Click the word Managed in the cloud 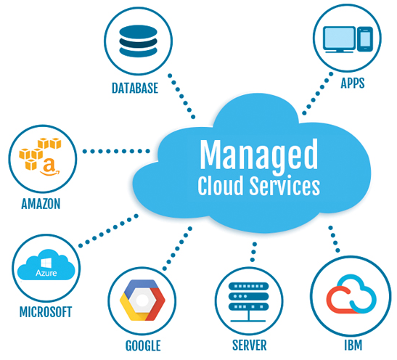point(258,154)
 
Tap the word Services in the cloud point(284,186)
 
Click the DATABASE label point(135,89)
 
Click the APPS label point(353,83)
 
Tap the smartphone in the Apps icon point(365,38)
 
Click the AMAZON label point(41,204)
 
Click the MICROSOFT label point(46,312)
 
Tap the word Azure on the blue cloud point(46,274)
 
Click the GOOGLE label point(142,345)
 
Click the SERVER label point(249,345)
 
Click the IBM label point(353,344)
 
